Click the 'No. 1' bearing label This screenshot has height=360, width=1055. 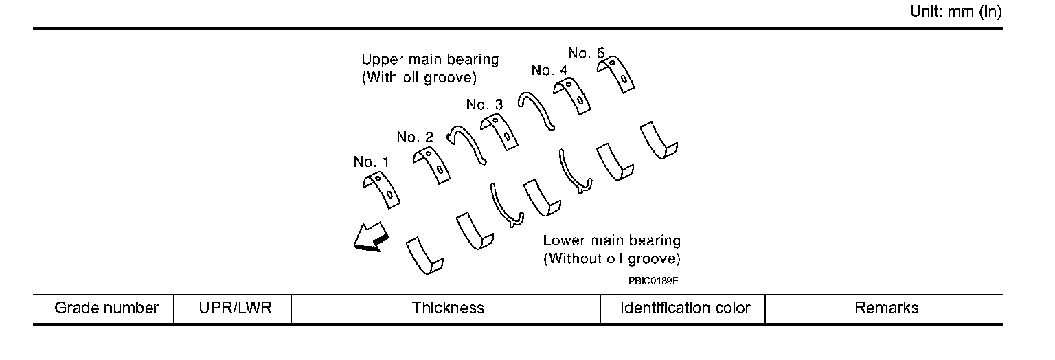click(371, 162)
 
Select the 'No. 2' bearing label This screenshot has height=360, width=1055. click(415, 137)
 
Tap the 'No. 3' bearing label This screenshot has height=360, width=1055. click(484, 104)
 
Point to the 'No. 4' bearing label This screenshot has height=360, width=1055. click(549, 70)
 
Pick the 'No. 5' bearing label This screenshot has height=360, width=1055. click(586, 52)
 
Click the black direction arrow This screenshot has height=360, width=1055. click(370, 240)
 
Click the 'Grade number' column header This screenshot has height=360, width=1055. click(106, 308)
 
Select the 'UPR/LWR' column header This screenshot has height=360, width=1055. click(234, 308)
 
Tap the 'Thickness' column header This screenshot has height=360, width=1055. click(448, 308)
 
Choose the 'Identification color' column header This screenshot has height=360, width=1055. click(685, 308)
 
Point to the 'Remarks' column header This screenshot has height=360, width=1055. click(886, 308)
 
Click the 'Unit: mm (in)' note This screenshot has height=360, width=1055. click(960, 12)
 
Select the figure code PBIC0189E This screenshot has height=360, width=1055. click(648, 281)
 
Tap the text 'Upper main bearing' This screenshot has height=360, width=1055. click(430, 60)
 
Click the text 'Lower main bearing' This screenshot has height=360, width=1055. click(611, 241)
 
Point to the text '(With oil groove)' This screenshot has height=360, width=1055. click(418, 78)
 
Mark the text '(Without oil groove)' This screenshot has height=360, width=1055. click(611, 259)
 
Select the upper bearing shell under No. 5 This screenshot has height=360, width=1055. click(615, 73)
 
